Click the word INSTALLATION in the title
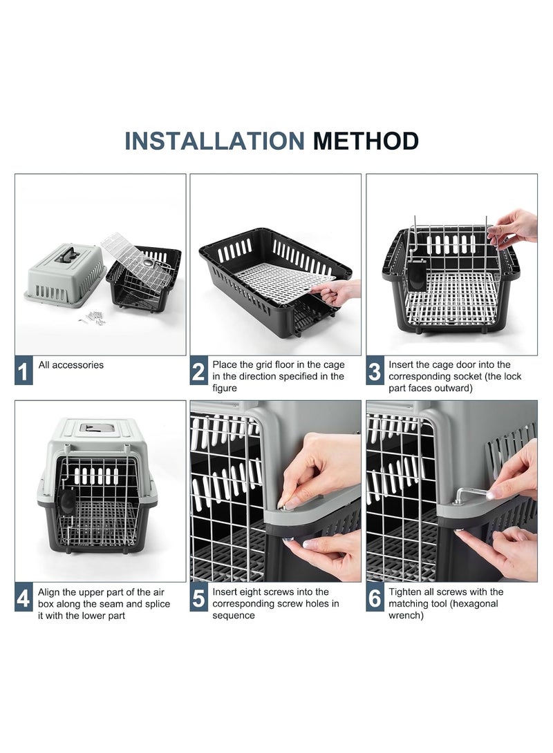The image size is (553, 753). coord(214,141)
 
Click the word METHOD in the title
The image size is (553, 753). coord(366,141)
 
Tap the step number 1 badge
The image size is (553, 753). coord(24,370)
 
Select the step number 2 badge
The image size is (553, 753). coord(198,370)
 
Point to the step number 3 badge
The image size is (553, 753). coord(375,370)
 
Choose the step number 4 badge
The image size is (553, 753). coord(24,598)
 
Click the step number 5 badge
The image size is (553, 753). coord(198,598)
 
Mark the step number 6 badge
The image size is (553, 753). coord(375,598)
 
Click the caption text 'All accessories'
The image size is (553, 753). coord(71,365)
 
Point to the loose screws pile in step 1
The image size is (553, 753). coord(93,318)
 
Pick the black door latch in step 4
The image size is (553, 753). coord(66,500)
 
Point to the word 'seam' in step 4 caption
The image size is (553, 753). coord(111,604)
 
